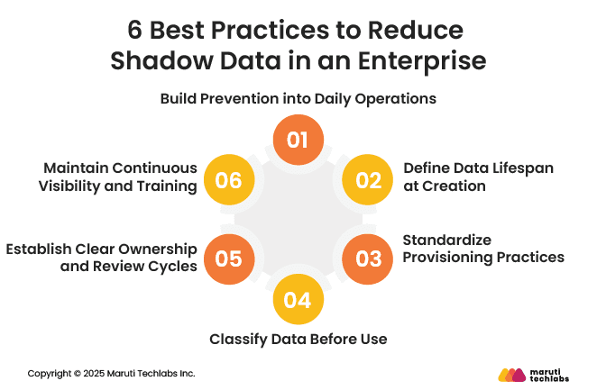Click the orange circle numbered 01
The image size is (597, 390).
(x=298, y=141)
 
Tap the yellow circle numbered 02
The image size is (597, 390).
(x=368, y=180)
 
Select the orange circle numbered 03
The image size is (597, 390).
(x=368, y=259)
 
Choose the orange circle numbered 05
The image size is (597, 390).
(x=228, y=259)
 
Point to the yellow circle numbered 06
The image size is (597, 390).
(x=228, y=180)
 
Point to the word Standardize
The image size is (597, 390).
(x=447, y=240)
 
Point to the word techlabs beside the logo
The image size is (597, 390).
(x=552, y=379)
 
